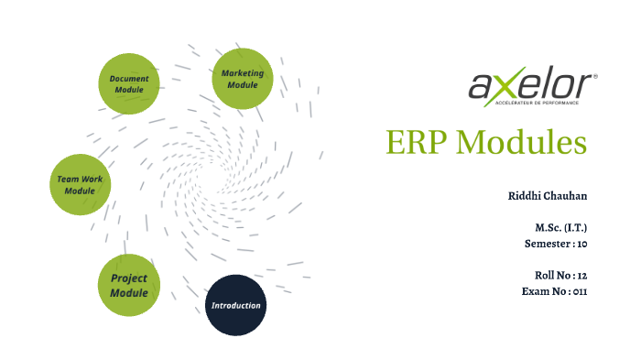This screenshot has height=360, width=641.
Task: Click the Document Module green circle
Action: tap(129, 83)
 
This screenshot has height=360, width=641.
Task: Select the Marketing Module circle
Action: tap(243, 79)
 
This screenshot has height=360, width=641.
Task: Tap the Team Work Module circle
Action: tap(80, 184)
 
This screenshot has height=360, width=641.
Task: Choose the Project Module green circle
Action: tap(129, 285)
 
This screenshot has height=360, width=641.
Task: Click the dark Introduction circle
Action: tap(235, 305)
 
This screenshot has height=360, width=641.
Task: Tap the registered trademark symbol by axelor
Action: tap(595, 77)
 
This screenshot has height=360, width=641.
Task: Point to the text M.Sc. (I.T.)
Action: tap(561, 227)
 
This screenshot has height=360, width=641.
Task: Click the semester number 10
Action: tap(581, 244)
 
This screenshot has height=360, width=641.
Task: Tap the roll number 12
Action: tap(581, 275)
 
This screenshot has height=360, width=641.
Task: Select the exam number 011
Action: tap(578, 291)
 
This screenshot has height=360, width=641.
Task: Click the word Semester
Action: tap(547, 244)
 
